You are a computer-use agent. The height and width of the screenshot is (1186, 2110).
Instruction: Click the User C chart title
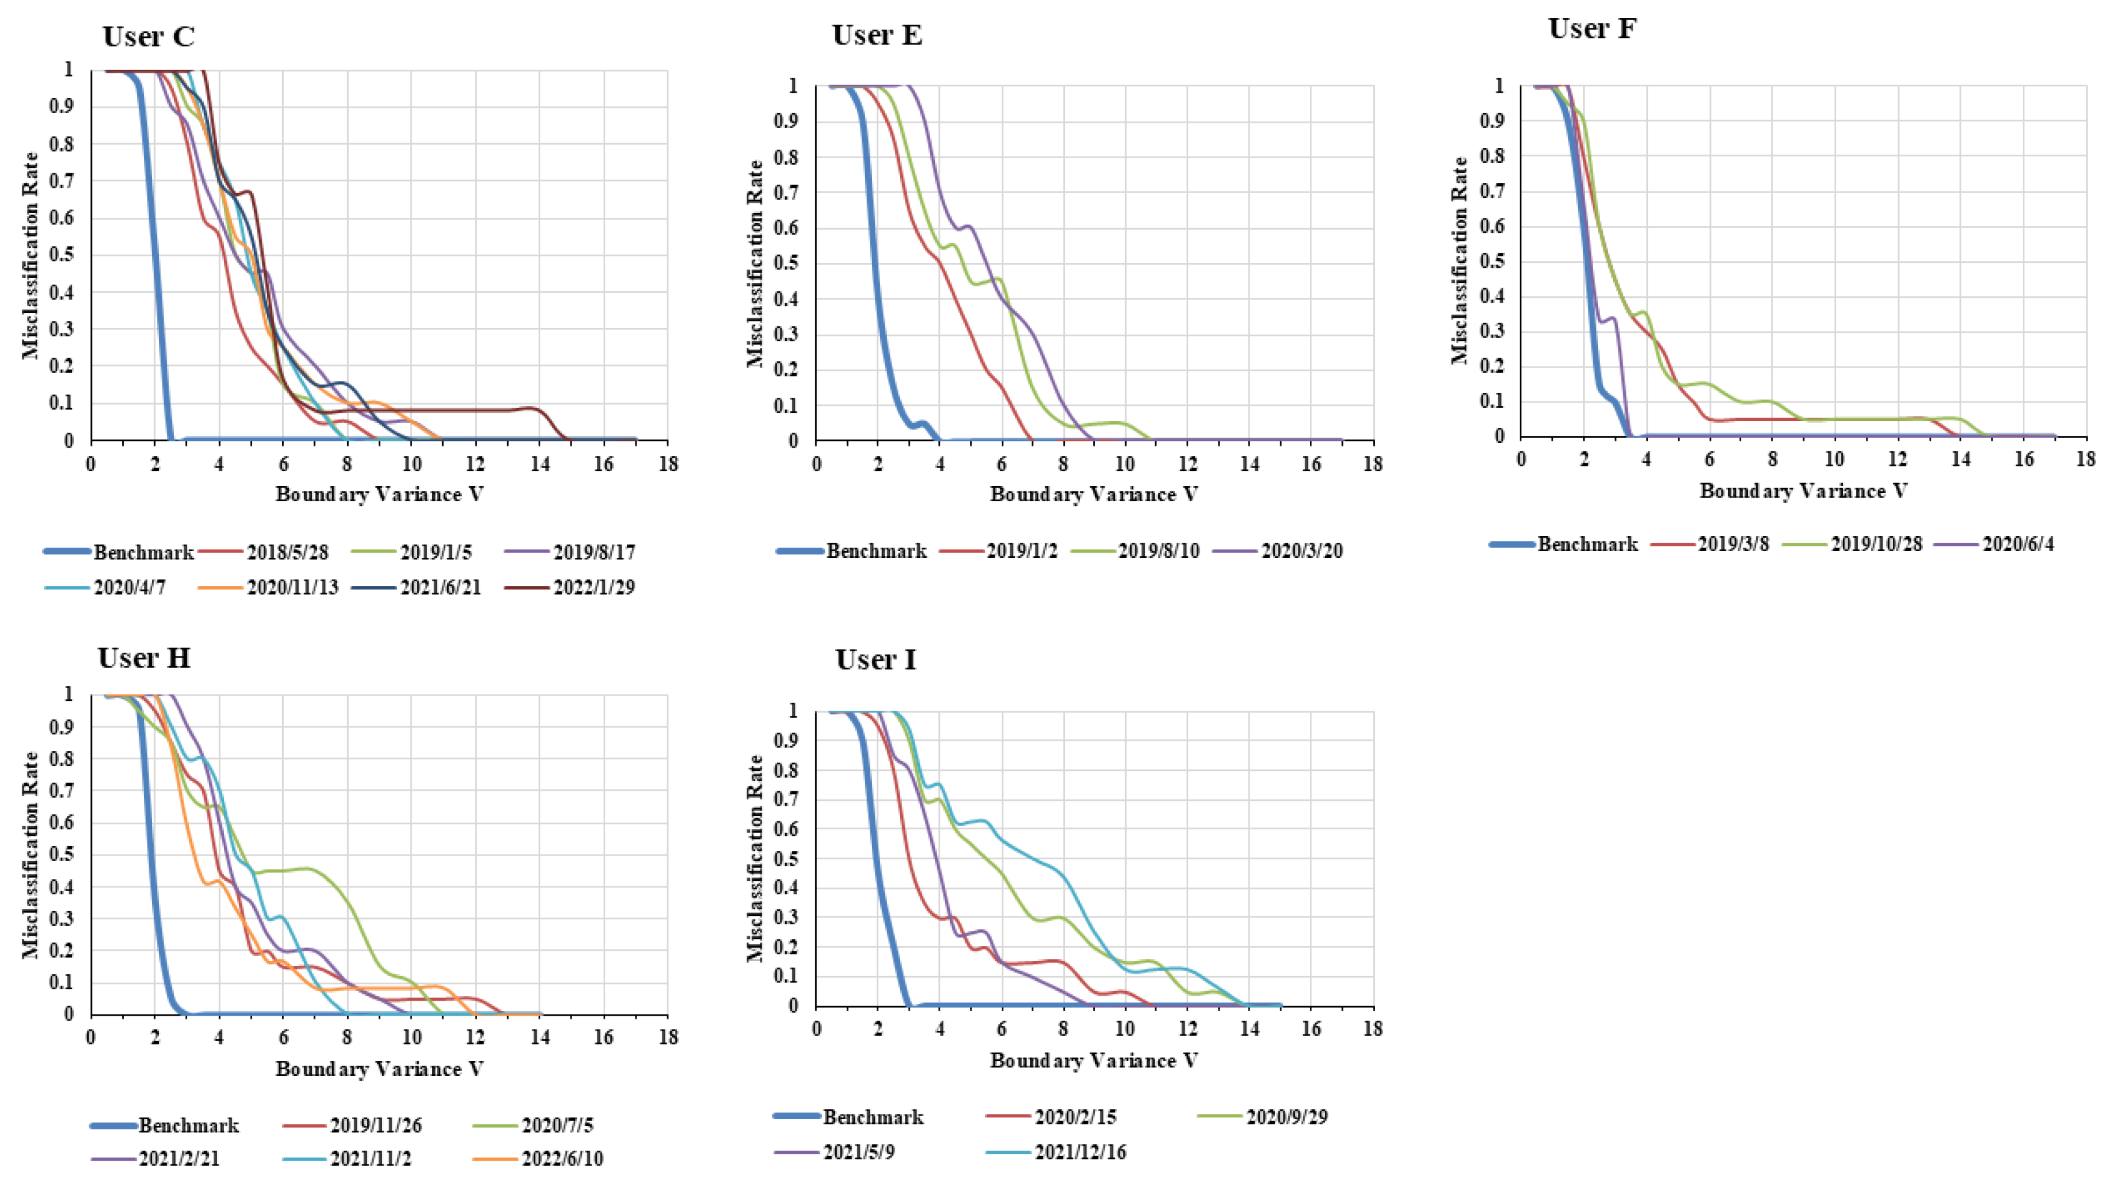point(148,37)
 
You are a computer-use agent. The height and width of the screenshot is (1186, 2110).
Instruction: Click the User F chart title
point(1593,29)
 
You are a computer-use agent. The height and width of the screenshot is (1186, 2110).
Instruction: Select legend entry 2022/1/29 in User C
point(593,588)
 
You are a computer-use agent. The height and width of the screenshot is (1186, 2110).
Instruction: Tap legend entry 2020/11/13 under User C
point(292,588)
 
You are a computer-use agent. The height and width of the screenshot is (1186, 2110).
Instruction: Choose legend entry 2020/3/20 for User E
point(1301,551)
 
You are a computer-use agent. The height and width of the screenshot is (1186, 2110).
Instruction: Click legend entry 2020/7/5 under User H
point(557,1125)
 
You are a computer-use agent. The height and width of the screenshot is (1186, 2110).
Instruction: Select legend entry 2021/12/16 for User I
point(1079,1152)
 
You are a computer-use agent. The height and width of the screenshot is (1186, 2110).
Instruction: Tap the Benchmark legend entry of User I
point(872,1117)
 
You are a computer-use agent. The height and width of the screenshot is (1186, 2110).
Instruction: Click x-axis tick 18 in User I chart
point(1373,1029)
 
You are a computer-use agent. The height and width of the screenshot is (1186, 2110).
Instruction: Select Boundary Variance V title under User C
point(379,495)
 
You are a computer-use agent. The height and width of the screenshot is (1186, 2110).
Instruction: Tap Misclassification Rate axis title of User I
point(755,859)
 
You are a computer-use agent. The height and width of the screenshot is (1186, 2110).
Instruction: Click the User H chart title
point(144,658)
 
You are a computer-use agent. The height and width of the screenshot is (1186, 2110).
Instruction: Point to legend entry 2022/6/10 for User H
point(562,1160)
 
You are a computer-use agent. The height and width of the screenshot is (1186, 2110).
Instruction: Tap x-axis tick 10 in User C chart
point(410,463)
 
